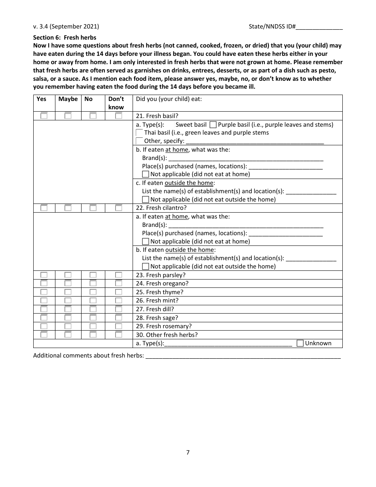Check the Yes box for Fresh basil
click(44, 116)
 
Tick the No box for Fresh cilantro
click(93, 208)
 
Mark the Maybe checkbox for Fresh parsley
click(68, 275)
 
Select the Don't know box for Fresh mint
click(118, 301)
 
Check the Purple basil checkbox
click(213, 125)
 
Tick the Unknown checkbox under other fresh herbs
click(300, 343)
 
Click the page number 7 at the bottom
click(188, 453)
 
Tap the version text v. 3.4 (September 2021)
click(66, 27)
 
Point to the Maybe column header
click(68, 99)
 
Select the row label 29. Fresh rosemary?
click(169, 326)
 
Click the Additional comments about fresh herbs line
click(243, 356)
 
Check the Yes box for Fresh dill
click(44, 309)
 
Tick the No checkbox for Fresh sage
click(93, 318)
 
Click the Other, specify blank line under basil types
click(254, 141)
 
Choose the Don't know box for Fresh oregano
click(118, 283)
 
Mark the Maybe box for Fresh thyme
click(68, 292)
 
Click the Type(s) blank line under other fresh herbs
click(228, 344)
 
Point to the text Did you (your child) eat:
click(169, 99)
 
